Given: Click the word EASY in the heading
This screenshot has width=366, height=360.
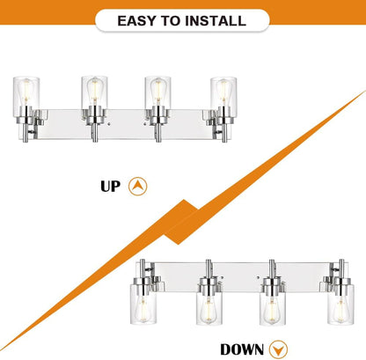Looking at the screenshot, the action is [x=136, y=21].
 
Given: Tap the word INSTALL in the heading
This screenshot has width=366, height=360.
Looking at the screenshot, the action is [x=216, y=21].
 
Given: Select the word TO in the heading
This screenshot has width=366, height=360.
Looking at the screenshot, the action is [x=171, y=21].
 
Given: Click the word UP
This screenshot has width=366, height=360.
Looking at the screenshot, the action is [x=110, y=187].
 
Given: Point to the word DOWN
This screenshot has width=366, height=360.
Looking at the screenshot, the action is [x=242, y=349].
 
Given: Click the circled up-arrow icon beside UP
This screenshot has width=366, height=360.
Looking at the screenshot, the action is [x=138, y=187].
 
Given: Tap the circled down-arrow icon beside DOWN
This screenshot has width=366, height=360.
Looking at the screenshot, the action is [x=278, y=349].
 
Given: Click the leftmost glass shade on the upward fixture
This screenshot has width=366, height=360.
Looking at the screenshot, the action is [x=26, y=92].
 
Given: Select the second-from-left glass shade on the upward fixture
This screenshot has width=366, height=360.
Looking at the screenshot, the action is [x=94, y=92].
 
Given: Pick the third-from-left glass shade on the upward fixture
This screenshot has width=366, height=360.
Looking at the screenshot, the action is [x=157, y=92].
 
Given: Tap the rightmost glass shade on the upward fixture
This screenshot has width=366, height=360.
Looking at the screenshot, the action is [x=223, y=92].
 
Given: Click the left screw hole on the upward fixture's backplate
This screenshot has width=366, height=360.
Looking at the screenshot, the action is [x=109, y=124].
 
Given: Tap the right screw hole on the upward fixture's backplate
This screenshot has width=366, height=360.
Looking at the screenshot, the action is [x=145, y=124].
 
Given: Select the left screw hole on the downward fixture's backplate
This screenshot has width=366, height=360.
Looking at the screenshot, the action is [x=222, y=277].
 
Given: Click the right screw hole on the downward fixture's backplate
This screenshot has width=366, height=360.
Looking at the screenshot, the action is [x=258, y=277].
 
